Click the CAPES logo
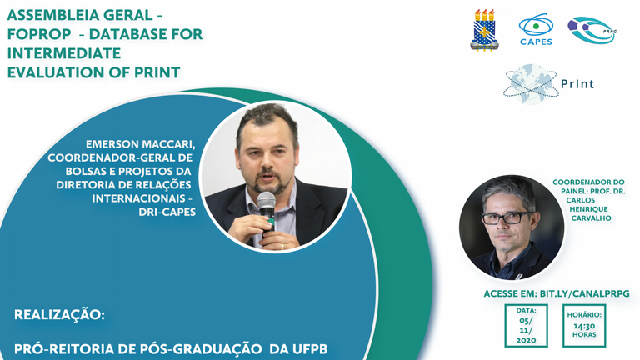[537, 30]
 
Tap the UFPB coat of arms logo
[484, 30]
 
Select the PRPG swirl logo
[592, 30]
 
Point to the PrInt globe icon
[530, 84]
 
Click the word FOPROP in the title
[39, 34]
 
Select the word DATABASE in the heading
[128, 34]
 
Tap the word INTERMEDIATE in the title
[64, 53]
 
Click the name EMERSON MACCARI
[140, 144]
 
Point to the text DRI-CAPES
[167, 212]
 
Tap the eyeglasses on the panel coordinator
[507, 218]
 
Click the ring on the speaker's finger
[282, 247]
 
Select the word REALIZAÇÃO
[60, 315]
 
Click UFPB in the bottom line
[310, 349]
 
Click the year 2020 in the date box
[526, 340]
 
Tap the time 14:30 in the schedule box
[584, 326]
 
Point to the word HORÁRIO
[584, 315]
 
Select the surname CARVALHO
[591, 218]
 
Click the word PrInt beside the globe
[577, 84]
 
